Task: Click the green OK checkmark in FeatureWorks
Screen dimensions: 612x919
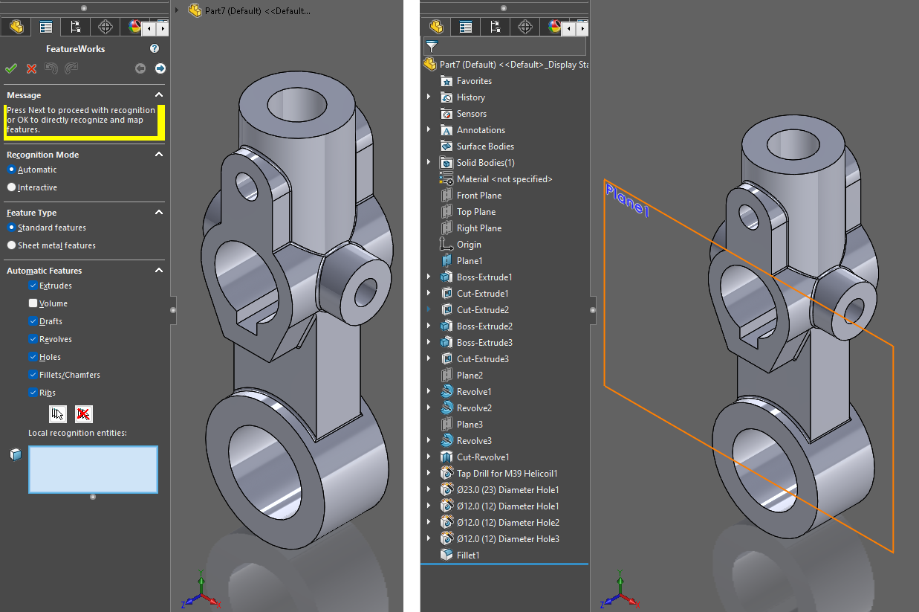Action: coord(11,68)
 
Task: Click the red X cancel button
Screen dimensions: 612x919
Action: coord(31,68)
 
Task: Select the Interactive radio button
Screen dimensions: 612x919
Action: coord(11,187)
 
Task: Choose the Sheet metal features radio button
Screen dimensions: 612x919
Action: coord(11,245)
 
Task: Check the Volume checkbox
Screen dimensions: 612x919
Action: coord(33,303)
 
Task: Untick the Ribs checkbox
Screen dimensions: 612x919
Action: coord(33,393)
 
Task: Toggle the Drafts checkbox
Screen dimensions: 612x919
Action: coord(33,321)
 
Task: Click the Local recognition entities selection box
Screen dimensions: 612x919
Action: coord(93,469)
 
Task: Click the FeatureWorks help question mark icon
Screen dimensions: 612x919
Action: coord(155,48)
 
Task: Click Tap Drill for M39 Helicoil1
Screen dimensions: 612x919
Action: coord(507,474)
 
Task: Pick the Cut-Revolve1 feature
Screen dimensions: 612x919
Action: coord(482,457)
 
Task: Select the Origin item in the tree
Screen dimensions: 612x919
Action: coord(469,245)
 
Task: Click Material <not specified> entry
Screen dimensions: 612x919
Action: coord(504,179)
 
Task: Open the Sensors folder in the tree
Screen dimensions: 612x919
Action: coord(471,114)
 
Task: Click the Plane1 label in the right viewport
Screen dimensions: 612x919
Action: coord(627,200)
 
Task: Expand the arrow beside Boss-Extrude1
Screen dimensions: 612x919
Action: coord(429,277)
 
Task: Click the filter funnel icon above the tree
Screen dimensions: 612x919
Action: coord(432,47)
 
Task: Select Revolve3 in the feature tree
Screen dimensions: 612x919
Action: coord(473,441)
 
